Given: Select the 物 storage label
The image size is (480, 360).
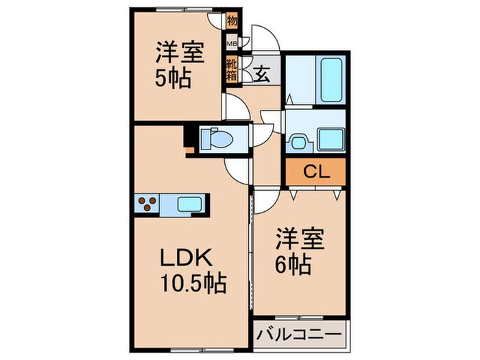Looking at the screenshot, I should pos(232,19).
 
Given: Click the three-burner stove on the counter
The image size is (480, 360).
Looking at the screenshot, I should pos(148,203).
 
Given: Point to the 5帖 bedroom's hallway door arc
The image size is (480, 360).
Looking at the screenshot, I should pos(237,106).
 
